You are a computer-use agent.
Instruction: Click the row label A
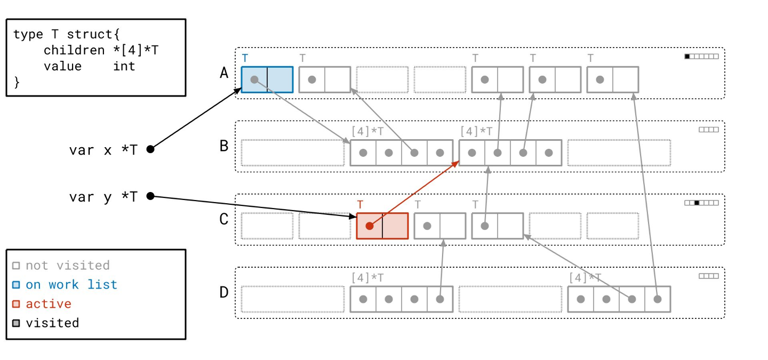point(224,73)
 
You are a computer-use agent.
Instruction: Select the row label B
point(224,146)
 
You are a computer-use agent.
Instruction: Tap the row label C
point(224,219)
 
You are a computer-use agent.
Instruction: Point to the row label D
point(224,292)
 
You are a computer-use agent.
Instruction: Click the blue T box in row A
point(267,79)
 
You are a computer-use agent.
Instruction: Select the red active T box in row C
point(382,226)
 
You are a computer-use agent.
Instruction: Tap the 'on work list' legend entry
point(71,285)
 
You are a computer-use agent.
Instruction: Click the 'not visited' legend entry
point(67,266)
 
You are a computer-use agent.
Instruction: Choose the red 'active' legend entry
point(48,304)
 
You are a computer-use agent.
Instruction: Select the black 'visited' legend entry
point(52,323)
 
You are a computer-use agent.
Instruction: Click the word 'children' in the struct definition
point(74,50)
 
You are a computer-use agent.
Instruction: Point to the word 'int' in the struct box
point(124,66)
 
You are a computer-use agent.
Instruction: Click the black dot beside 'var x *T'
point(150,149)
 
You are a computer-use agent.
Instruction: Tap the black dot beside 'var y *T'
point(150,196)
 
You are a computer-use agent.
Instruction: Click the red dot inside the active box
point(369,226)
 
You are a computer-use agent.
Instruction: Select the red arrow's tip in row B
point(458,162)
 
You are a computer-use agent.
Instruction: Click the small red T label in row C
point(360,204)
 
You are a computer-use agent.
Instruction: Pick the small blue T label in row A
point(245,58)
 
